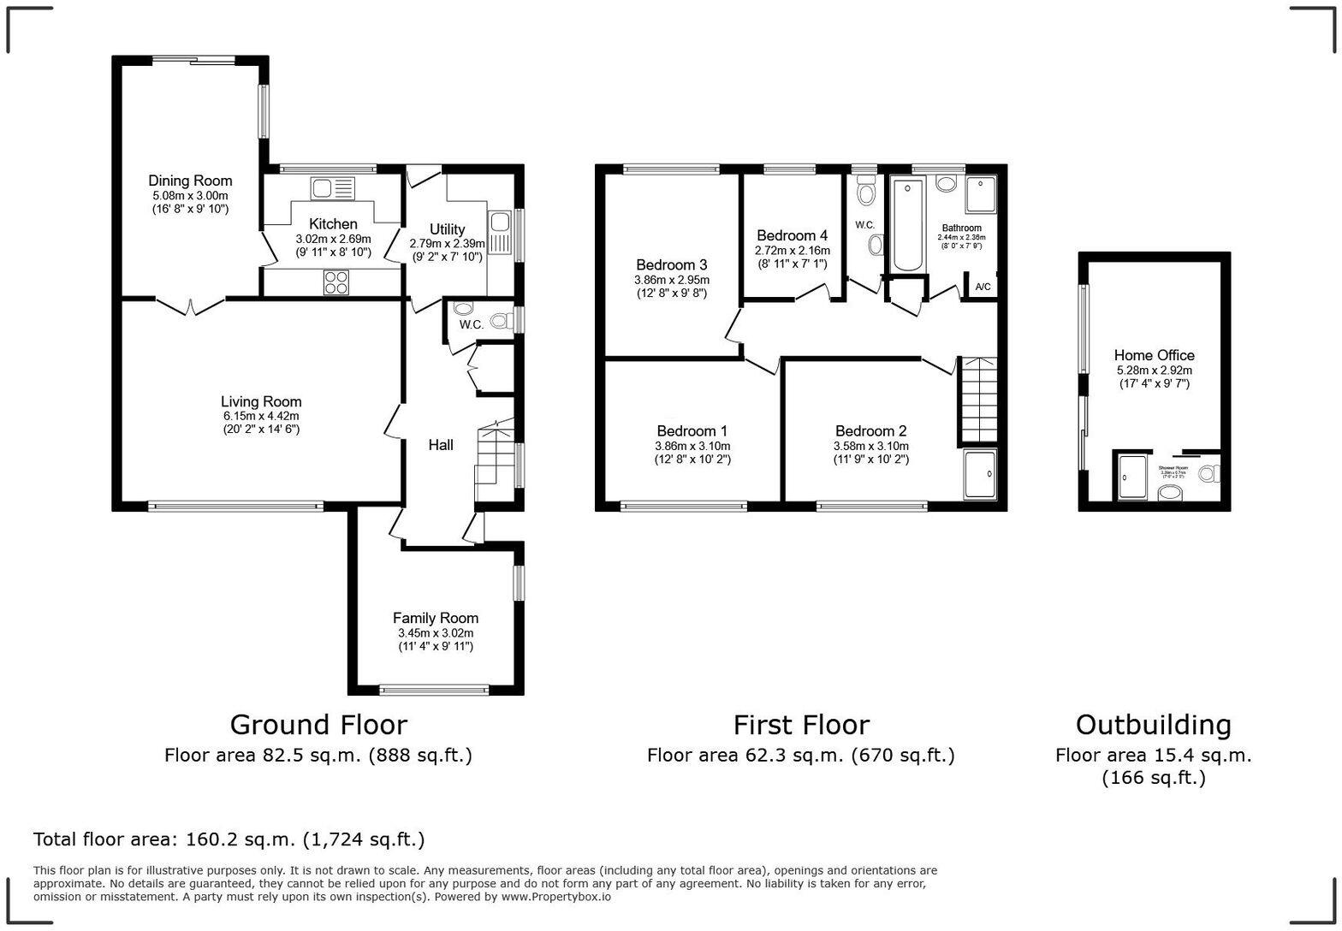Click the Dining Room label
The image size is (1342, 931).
190,181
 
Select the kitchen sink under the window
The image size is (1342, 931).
333,188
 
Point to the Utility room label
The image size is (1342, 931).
447,229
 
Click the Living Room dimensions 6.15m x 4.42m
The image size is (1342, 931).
261,417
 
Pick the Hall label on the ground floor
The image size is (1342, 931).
441,445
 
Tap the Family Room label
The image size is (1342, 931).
436,618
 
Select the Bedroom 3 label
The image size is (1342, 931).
671,265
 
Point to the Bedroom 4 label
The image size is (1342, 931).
792,235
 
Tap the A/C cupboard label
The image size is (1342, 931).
983,287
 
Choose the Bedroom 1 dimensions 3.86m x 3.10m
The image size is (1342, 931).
692,447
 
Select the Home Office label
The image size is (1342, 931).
1154,355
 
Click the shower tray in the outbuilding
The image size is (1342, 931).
1133,477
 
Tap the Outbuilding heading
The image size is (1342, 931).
1153,725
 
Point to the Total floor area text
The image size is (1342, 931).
229,839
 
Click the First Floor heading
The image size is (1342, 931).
800,725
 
